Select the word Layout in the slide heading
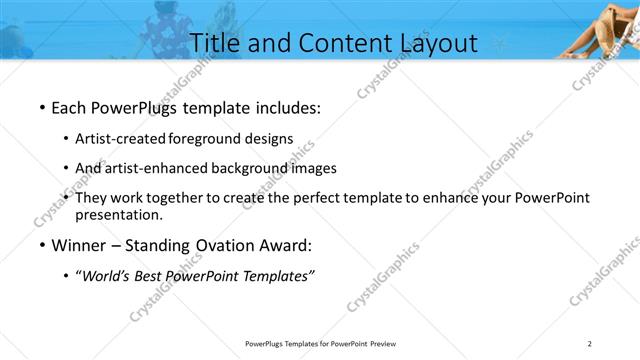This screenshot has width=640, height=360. [x=432, y=41]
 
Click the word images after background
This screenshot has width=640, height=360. [x=314, y=168]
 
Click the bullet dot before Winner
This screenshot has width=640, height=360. [x=41, y=245]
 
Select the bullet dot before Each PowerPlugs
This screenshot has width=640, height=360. [x=41, y=107]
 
